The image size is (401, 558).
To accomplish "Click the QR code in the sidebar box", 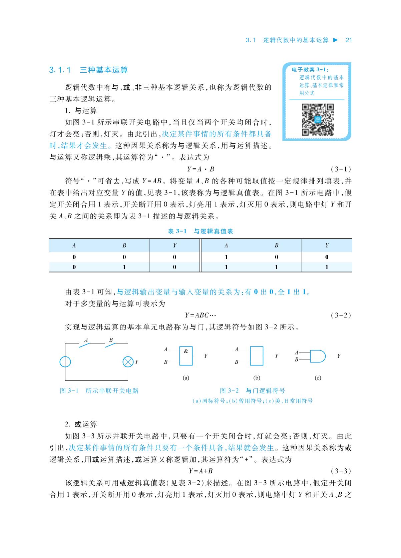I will coord(317,120).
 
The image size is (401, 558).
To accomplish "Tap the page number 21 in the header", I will coord(349,40).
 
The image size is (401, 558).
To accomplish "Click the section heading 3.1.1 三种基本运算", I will coord(89,70).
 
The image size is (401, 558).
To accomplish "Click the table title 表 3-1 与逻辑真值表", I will coord(200,231).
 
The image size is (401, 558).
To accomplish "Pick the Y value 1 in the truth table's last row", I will coord(327,267).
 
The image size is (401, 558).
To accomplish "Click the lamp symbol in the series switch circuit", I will coord(128,362).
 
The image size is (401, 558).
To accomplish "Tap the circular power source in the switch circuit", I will coord(65,362).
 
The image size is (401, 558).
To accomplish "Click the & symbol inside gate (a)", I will coord(186,351).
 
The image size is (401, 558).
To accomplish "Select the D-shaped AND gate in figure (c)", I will coord(317,356).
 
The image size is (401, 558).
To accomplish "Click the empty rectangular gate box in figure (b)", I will coord(256,356).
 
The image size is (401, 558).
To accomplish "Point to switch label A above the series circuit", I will coord(86,340).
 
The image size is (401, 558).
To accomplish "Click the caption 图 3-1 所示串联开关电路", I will coord(99,391).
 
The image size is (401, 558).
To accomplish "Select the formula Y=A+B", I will coord(201,471).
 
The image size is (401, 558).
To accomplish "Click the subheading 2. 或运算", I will coord(81,424).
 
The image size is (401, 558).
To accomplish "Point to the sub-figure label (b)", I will coord(257,378).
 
